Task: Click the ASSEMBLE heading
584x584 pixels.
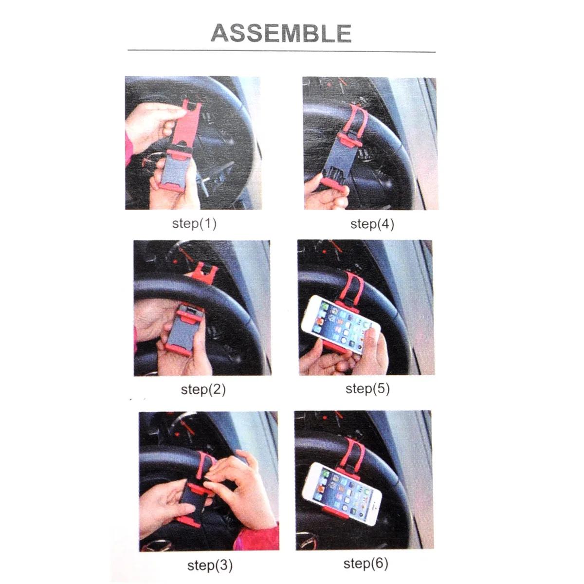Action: pos(281,33)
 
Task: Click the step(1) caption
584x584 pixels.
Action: pos(194,223)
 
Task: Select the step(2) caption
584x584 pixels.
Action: pos(203,389)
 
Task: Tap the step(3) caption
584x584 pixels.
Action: pos(210,565)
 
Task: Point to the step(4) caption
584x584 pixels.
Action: pos(372,224)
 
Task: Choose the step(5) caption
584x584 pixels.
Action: pos(367,389)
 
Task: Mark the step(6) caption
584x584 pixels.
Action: pos(365,564)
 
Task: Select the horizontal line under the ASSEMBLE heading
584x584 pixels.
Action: pos(281,50)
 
